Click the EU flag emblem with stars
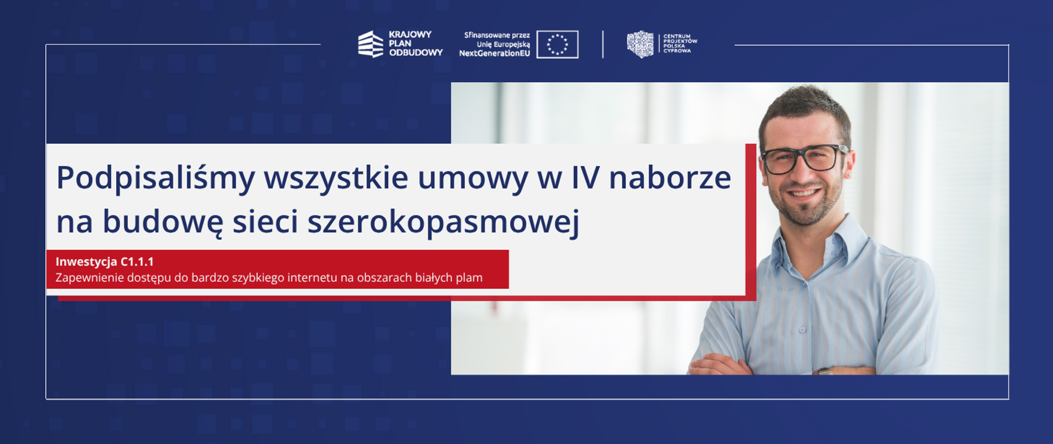tap(557, 44)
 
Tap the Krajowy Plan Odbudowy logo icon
tap(370, 44)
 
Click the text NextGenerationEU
tap(494, 54)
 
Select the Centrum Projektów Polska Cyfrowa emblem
tap(640, 44)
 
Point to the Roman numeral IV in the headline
tap(585, 178)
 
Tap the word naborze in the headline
tap(670, 178)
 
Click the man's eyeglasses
tap(802, 158)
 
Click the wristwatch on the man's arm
tap(824, 371)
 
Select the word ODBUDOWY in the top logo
tap(416, 53)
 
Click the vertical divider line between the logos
tap(603, 44)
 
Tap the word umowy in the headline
tap(473, 179)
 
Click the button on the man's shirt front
tap(802, 329)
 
